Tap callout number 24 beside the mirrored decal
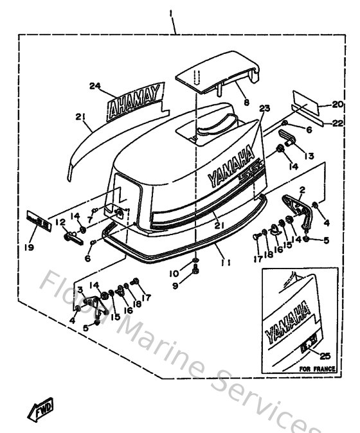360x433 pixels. pyautogui.click(x=96, y=85)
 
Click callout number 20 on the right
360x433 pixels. pyautogui.click(x=338, y=103)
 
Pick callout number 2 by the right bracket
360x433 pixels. pyautogui.click(x=301, y=190)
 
